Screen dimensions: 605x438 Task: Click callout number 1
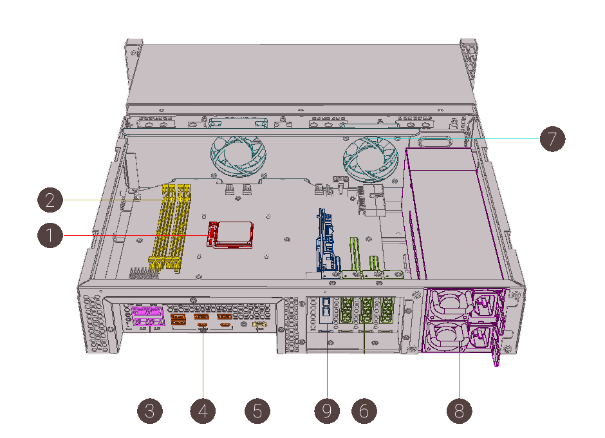(50, 235)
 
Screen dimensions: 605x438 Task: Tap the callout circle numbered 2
(50, 200)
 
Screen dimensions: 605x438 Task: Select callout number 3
(150, 410)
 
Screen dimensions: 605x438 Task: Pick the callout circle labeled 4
(203, 410)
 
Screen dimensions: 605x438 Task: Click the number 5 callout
(257, 410)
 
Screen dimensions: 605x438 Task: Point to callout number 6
(364, 410)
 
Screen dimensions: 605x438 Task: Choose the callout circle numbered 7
(552, 138)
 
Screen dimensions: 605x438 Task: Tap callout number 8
(459, 410)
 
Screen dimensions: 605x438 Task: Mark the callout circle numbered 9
(327, 410)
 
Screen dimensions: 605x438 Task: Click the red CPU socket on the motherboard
(230, 234)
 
